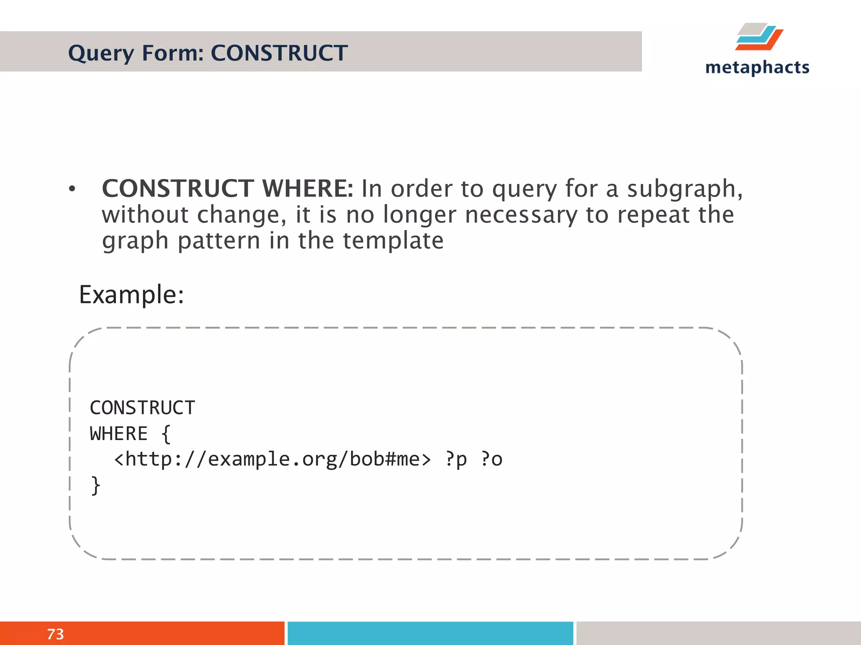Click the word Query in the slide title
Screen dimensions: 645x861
[x=101, y=54]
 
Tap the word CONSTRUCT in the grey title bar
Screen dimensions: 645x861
[x=279, y=53]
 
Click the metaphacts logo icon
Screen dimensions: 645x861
[x=759, y=37]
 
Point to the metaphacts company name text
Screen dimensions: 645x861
[x=757, y=68]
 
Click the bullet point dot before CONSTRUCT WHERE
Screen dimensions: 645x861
[x=72, y=189]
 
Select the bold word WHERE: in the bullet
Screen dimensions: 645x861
[x=308, y=189]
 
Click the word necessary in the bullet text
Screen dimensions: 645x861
[x=521, y=215]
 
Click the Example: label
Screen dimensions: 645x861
[x=132, y=295]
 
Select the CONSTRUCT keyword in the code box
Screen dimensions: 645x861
[x=143, y=408]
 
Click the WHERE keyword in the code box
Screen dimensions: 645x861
[x=119, y=434]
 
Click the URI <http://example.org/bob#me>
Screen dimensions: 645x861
[x=272, y=459]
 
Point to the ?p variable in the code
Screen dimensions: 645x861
[x=456, y=459]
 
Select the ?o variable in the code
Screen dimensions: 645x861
[x=491, y=459]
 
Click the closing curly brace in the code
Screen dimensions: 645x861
[x=96, y=485]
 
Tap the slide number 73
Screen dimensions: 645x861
[x=55, y=634]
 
